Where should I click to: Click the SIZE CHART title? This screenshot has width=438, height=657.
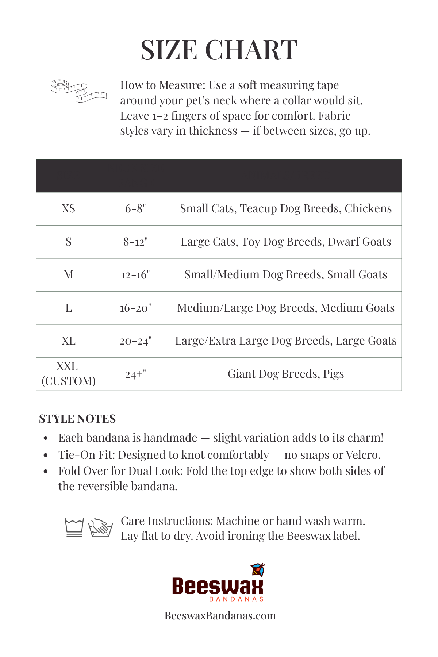point(219,50)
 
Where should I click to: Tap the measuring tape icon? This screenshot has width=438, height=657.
point(78,91)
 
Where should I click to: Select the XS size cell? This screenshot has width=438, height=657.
point(69,209)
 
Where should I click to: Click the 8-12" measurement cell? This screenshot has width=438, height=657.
point(135,242)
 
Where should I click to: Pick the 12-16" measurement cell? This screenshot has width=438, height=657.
point(135,275)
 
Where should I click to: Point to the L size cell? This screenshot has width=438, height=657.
point(69,308)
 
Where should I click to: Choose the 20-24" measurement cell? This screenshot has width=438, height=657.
point(135,341)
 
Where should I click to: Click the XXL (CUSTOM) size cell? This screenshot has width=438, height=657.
point(69,374)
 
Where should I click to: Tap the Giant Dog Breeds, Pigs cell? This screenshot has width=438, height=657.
point(286,374)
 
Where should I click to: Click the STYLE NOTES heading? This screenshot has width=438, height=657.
point(77,419)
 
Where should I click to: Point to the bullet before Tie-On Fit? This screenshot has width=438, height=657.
point(46,455)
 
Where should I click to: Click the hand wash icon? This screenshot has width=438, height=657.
point(100,527)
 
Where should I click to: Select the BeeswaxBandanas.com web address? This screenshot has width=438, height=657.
point(220,616)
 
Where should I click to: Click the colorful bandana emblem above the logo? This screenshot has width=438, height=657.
point(258,570)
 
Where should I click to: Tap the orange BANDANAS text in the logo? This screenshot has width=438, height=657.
point(236,599)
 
